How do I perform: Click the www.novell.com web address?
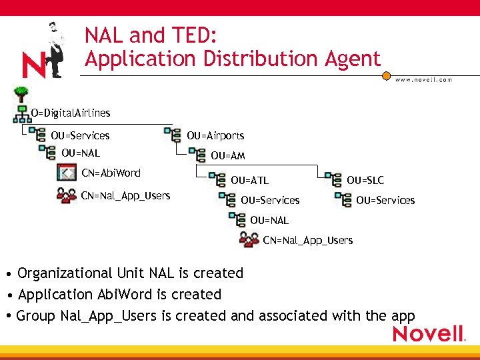tap(423, 79)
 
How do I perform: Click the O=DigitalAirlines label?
tap(71, 113)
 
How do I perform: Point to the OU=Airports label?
tap(215, 135)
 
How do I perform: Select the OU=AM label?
tap(228, 156)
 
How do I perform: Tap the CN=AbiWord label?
tap(111, 173)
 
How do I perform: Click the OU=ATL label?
tap(249, 180)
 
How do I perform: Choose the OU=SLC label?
tap(365, 180)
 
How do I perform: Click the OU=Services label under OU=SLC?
tap(385, 200)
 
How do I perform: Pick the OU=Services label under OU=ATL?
tap(270, 200)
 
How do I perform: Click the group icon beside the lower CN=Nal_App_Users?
tap(249, 240)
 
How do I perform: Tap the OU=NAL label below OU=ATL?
tap(269, 220)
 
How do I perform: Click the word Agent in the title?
tap(349, 59)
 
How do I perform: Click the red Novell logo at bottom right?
tap(428, 334)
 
